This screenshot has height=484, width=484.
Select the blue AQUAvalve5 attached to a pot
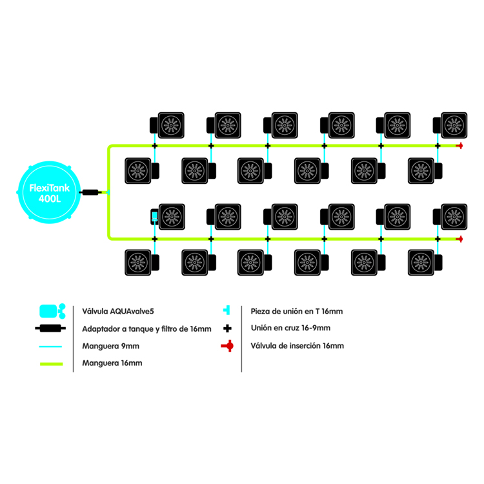pos(154,216)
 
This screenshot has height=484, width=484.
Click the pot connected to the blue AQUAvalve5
pos(172,215)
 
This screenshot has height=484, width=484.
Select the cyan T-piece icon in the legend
pos(227,311)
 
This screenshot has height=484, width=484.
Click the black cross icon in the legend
pos(227,328)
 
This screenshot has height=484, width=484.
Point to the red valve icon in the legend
pos(227,347)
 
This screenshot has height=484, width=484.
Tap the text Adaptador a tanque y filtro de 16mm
pos(146,329)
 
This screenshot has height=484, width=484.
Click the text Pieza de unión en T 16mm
pos(296,311)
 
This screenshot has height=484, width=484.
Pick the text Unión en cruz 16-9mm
pos(290,328)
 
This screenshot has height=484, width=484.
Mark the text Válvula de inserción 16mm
pos(297,347)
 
